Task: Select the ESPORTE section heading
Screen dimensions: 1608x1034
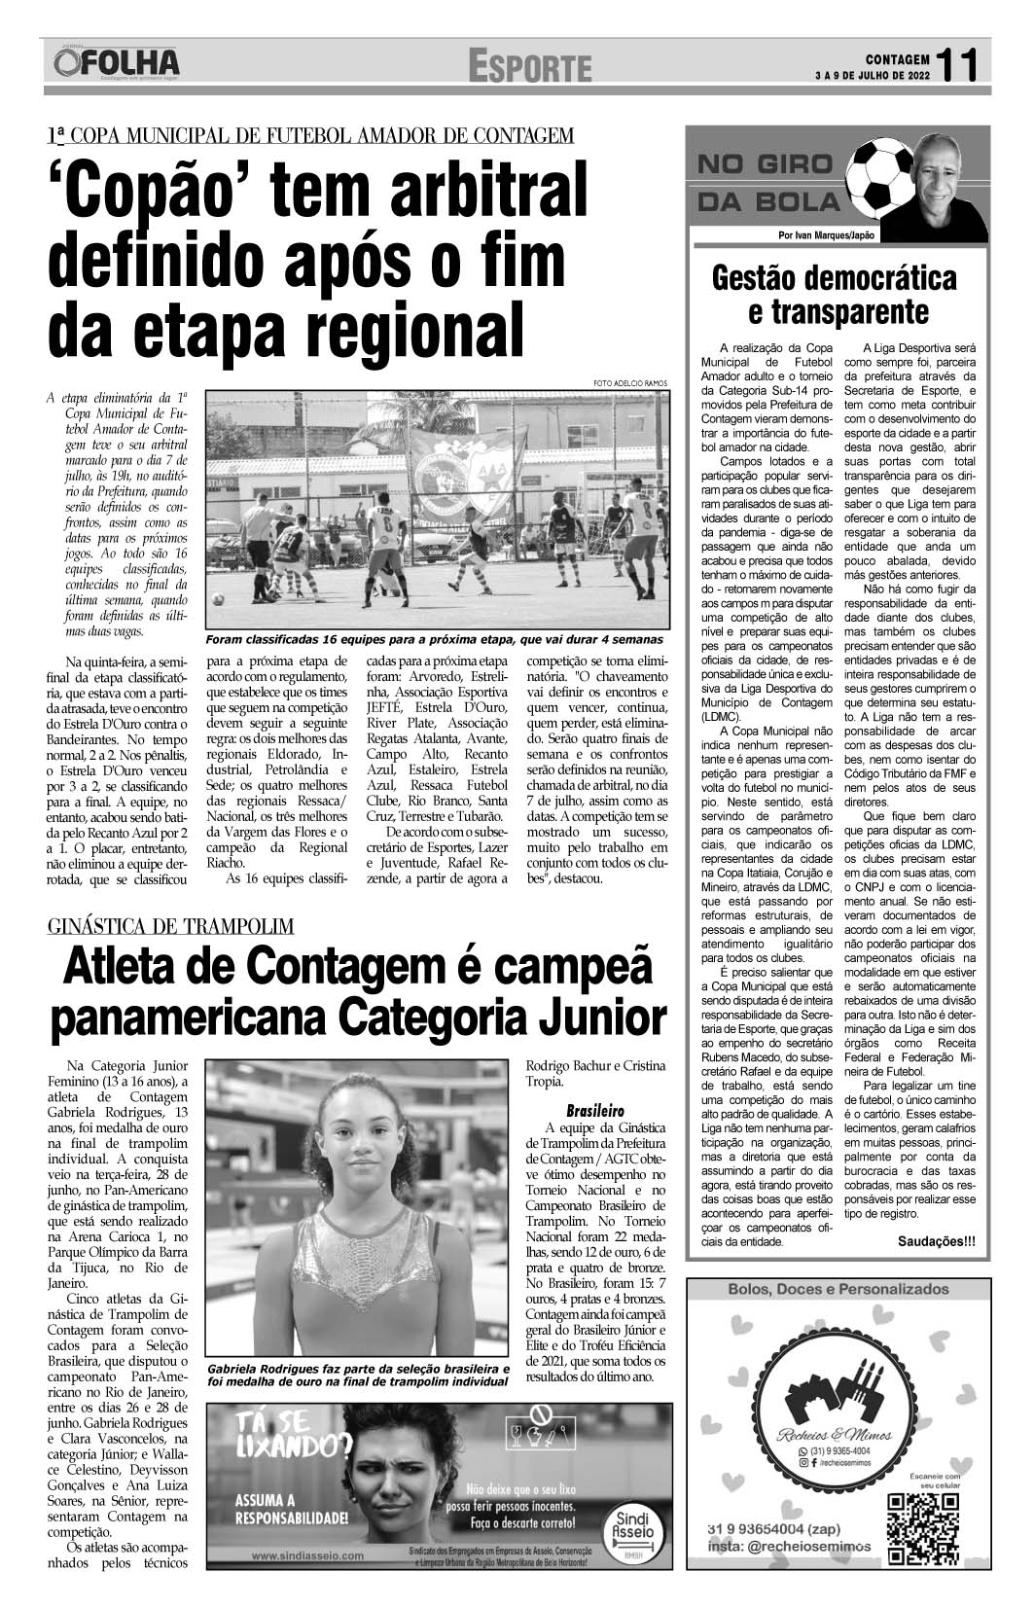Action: click(x=529, y=67)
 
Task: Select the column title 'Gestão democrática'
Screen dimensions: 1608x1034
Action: click(x=835, y=278)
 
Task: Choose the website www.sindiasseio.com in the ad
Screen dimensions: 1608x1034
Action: click(x=307, y=1555)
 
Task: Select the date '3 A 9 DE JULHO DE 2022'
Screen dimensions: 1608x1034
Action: click(x=870, y=75)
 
